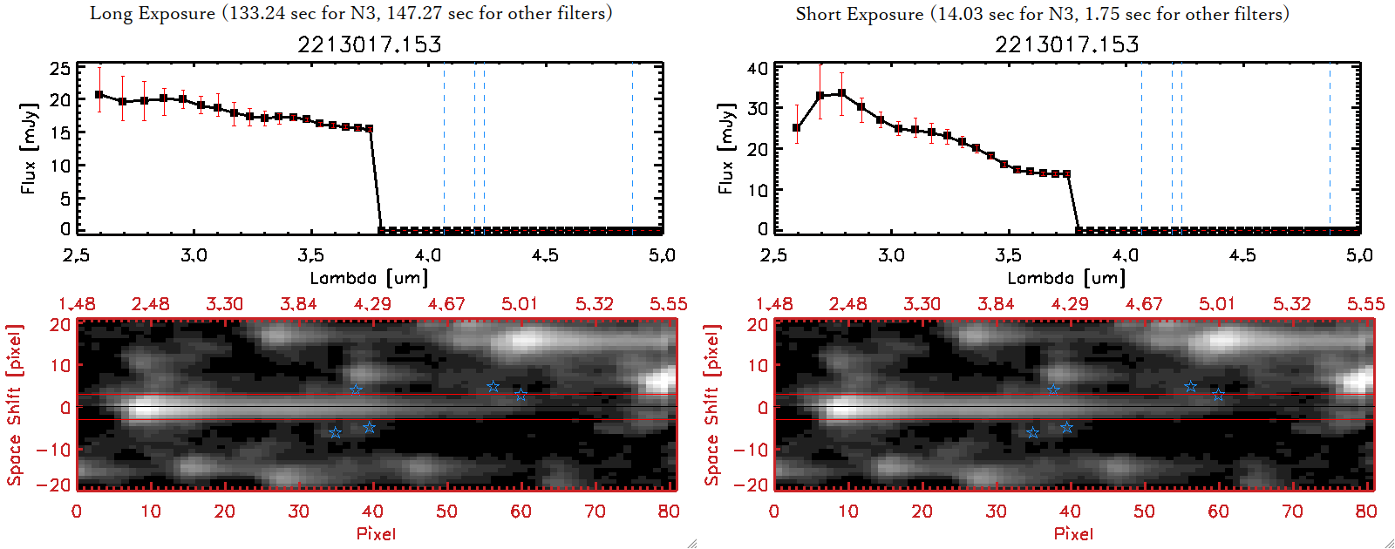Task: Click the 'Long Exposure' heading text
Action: [153, 13]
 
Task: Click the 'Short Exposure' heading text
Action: [859, 14]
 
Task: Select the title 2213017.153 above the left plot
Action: [370, 44]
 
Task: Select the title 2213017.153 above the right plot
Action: [1067, 44]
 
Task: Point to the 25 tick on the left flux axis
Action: [60, 68]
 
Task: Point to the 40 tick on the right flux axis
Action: [758, 68]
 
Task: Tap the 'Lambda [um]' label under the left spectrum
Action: [369, 278]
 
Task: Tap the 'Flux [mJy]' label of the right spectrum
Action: [725, 148]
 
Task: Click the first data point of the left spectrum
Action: [99, 95]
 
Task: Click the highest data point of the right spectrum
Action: [841, 93]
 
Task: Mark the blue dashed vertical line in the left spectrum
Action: [474, 148]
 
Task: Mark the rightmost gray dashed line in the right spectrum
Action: [1330, 148]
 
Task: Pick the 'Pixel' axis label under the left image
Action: [376, 533]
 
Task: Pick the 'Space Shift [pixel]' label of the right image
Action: [711, 405]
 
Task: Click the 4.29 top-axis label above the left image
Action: [372, 304]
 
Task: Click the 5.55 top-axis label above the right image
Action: [1365, 304]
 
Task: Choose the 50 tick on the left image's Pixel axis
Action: [446, 512]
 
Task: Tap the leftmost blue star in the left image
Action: [335, 433]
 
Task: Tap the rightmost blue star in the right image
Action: [1219, 395]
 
